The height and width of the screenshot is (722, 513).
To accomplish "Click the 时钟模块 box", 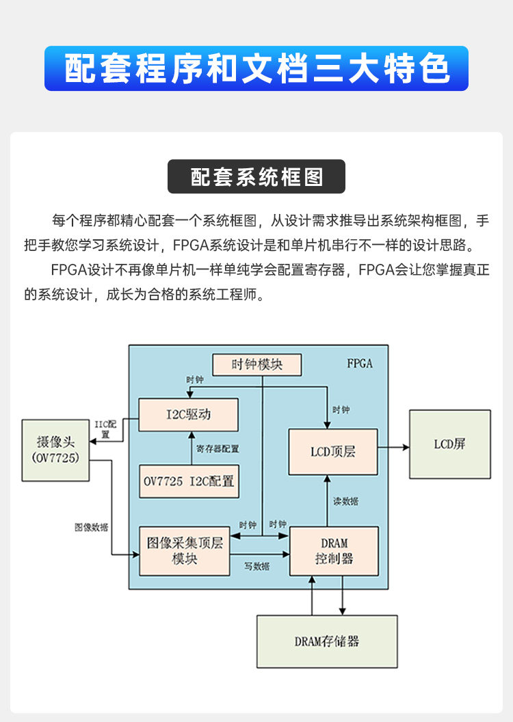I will click(x=256, y=364).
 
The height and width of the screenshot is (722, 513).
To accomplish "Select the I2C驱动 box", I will click(x=189, y=415).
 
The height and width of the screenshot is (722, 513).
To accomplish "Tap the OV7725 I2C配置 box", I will click(x=189, y=481).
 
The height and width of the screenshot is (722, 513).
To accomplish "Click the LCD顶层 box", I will click(x=333, y=451).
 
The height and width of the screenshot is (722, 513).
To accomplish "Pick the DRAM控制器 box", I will click(x=334, y=550).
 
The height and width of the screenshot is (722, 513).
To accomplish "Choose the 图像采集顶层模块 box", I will click(x=185, y=550).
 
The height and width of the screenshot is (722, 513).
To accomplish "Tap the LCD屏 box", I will click(x=449, y=444).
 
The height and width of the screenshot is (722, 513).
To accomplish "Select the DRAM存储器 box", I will click(x=327, y=641).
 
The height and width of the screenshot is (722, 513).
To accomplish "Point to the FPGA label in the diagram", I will click(x=360, y=364).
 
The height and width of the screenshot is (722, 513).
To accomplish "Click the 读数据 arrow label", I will click(x=345, y=501).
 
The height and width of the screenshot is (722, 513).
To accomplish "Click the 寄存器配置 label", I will click(x=217, y=449).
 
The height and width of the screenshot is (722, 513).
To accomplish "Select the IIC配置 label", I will click(x=106, y=429).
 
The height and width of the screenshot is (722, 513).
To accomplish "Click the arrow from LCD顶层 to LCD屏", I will click(x=393, y=447).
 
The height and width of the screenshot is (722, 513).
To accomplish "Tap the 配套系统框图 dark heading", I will click(x=256, y=177).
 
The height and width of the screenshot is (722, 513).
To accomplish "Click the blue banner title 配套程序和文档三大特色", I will click(x=256, y=68).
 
